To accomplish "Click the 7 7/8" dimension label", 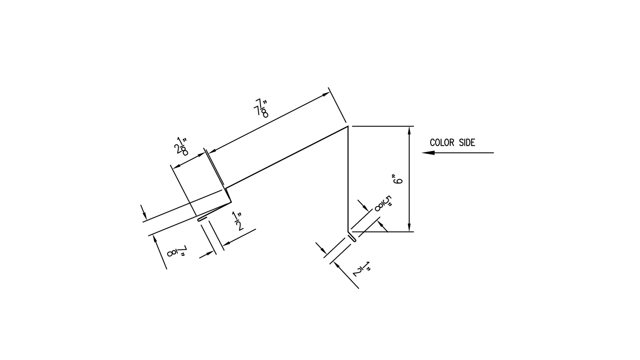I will click(x=261, y=108).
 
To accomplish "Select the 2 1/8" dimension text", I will click(x=181, y=147).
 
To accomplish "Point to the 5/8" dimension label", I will click(x=383, y=204).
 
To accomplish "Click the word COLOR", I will click(x=442, y=143).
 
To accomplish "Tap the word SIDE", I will click(x=466, y=143).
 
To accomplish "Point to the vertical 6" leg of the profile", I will click(x=348, y=178).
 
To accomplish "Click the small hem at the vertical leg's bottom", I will click(x=353, y=238).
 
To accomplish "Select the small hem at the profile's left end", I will click(x=202, y=219).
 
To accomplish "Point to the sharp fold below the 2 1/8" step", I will click(x=231, y=201).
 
